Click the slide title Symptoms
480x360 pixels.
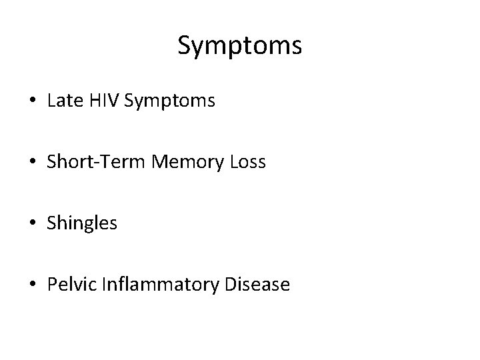[240, 46]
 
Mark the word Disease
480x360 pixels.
[257, 285]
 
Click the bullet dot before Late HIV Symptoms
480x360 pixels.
[33, 102]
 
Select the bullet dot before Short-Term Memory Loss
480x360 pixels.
[33, 163]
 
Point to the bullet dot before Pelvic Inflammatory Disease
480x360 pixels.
[33, 285]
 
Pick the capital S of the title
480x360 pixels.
[185, 45]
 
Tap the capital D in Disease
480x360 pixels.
[230, 285]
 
